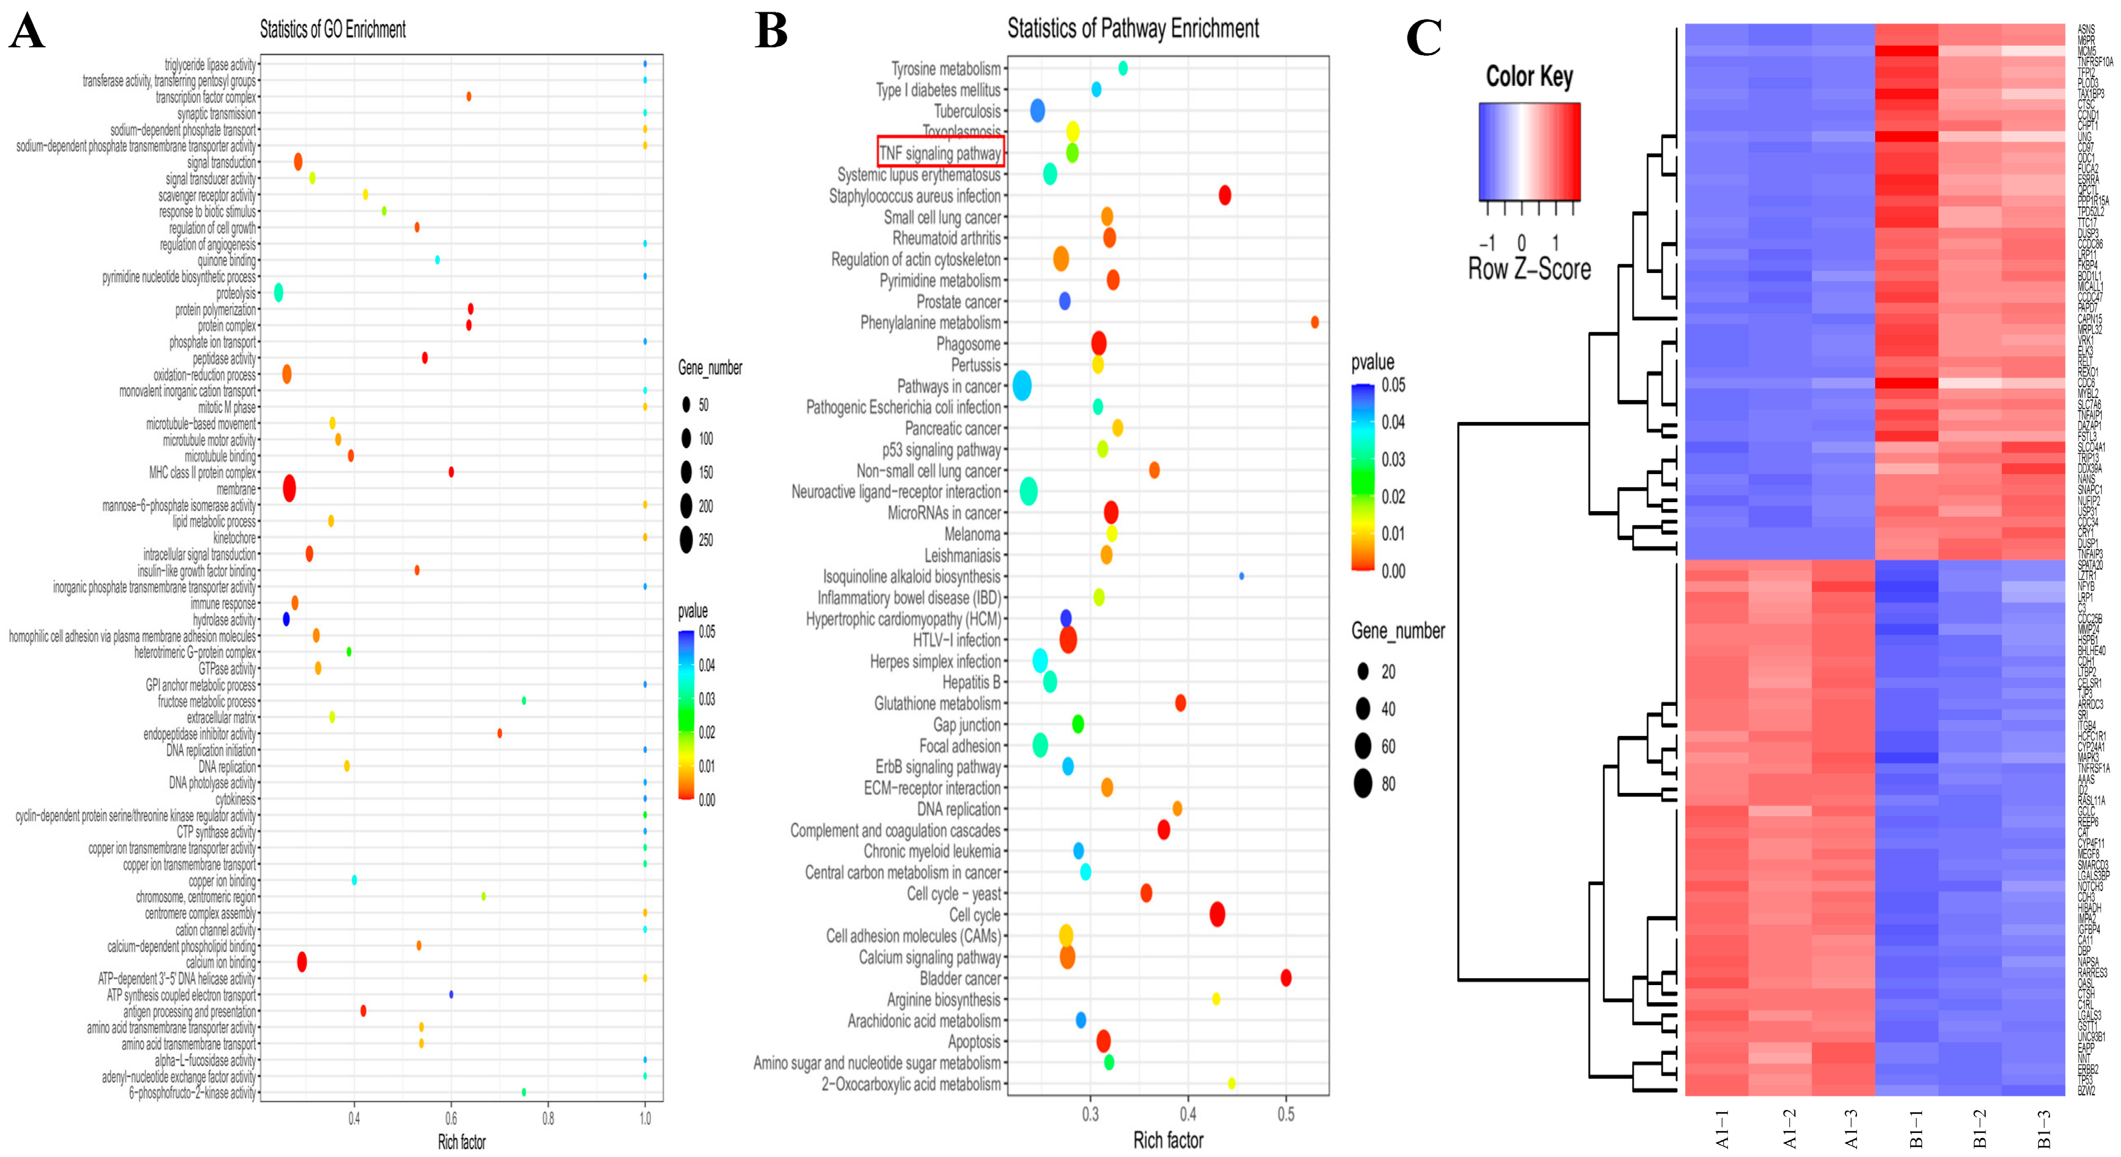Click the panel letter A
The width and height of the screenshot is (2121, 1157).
pos(27,33)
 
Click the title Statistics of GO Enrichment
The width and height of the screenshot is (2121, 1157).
pos(333,30)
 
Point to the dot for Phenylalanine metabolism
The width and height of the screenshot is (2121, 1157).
pos(1314,322)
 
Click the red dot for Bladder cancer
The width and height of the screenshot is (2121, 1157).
pos(1285,977)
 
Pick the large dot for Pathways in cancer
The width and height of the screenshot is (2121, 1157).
pos(1022,385)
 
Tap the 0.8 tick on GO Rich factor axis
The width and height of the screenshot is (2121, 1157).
pos(548,1118)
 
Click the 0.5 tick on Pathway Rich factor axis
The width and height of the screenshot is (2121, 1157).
pos(1285,1115)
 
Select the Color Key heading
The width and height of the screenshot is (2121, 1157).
pos(1529,77)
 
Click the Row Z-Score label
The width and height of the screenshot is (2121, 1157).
pos(1529,268)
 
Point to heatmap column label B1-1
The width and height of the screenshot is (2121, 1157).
pos(1916,1128)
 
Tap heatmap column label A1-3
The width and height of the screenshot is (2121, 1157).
pos(1852,1128)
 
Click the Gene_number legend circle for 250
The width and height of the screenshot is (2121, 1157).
pos(686,540)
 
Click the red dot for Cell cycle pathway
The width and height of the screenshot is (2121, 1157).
pos(1217,914)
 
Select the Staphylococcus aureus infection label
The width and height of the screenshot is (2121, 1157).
pos(915,196)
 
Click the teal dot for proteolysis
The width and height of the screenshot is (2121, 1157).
pos(278,292)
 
